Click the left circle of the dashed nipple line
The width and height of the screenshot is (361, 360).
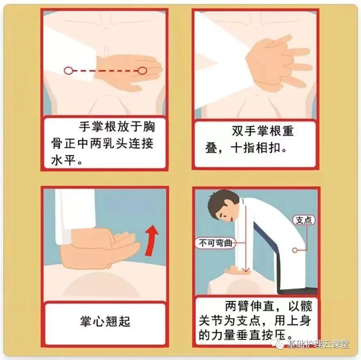pos(67,71)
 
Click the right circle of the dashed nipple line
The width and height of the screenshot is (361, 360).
pos(142,71)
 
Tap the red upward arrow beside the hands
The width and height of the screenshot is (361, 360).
pos(152,240)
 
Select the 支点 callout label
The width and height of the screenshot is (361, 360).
pos(304,220)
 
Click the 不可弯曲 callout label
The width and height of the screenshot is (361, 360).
pos(216,243)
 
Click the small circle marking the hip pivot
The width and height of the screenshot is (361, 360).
pos(295,250)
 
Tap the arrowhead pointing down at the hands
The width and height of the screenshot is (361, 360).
pos(246,270)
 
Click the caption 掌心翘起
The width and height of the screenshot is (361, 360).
pos(105,321)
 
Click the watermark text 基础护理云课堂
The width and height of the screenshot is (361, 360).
pos(318,344)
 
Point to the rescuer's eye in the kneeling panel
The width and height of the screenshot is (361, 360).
pos(221,215)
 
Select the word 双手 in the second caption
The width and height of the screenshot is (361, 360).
pos(244,131)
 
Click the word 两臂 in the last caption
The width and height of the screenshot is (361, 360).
pos(237,306)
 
